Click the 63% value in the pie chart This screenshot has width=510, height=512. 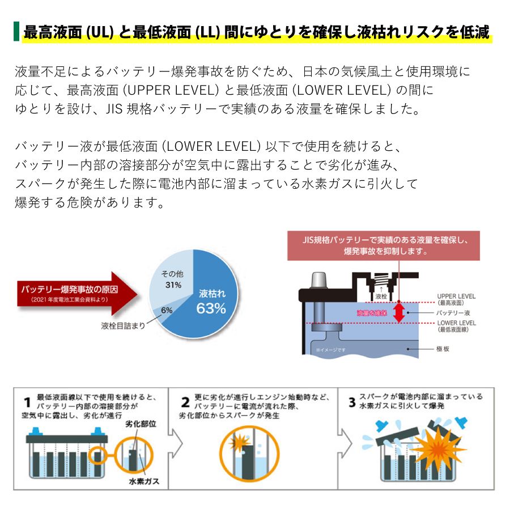(211, 308)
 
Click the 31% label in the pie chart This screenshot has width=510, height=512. (173, 285)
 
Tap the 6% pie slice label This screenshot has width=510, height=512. (167, 310)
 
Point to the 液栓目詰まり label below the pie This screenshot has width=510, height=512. (123, 325)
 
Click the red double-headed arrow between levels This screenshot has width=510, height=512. (399, 312)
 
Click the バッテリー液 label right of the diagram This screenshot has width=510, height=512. (453, 312)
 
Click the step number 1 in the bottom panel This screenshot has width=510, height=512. (27, 403)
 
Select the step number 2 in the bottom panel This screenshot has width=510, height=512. (185, 403)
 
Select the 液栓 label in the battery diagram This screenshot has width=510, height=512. (381, 296)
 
